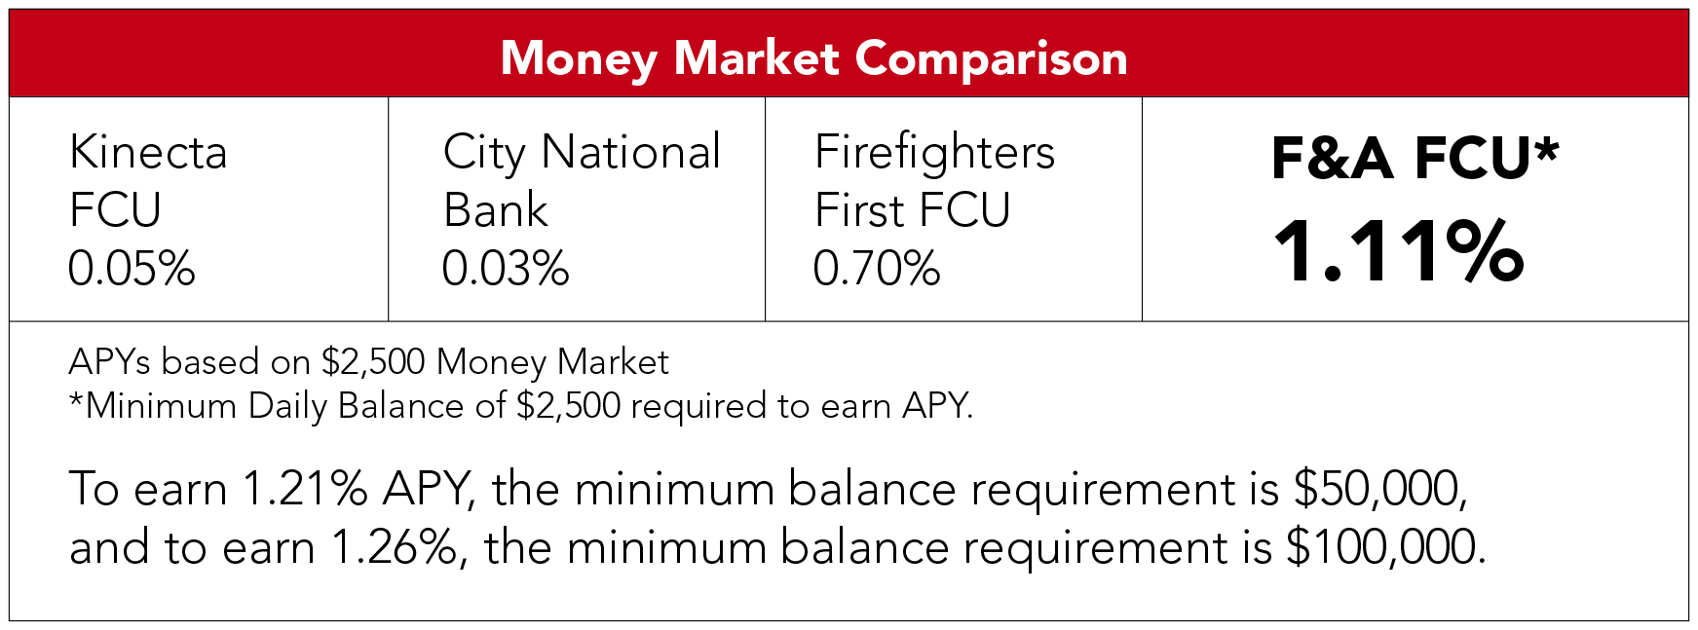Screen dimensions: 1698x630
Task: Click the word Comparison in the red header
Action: (992, 60)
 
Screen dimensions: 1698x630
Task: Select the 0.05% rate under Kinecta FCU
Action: (132, 269)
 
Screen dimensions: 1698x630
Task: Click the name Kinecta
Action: (148, 153)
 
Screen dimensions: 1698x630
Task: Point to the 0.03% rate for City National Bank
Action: (506, 269)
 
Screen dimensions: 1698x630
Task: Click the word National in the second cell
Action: (631, 152)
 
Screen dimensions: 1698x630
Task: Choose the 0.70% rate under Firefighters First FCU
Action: (877, 269)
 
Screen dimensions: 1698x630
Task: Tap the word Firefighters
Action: (935, 153)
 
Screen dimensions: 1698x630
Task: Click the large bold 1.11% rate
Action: (1399, 251)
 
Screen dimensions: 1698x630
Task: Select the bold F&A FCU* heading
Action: (1415, 159)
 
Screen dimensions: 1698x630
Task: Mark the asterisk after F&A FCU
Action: (1546, 149)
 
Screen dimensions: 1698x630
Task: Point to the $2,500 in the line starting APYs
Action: (374, 362)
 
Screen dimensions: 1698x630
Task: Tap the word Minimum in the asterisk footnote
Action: (162, 406)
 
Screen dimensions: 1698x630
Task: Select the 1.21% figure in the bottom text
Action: (305, 489)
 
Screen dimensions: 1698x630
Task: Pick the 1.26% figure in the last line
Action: (395, 547)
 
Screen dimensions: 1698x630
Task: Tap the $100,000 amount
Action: (1386, 547)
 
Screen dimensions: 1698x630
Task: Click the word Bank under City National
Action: (496, 210)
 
